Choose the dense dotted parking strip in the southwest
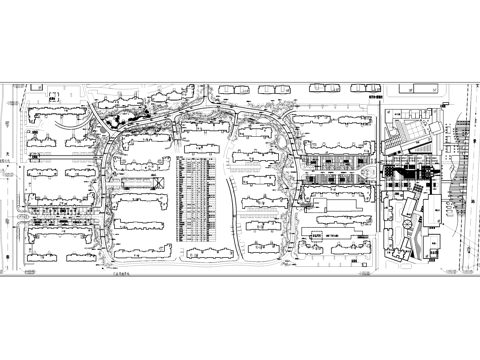click(60, 212)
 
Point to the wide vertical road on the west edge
click(12, 180)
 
